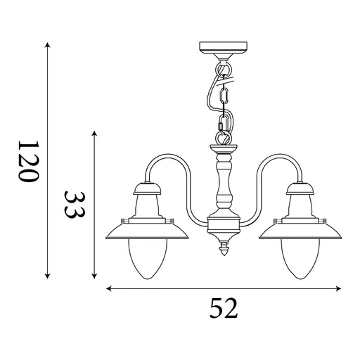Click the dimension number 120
coord(27,161)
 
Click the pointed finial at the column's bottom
coord(225,248)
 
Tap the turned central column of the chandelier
coord(225,186)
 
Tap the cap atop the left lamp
coord(146,186)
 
